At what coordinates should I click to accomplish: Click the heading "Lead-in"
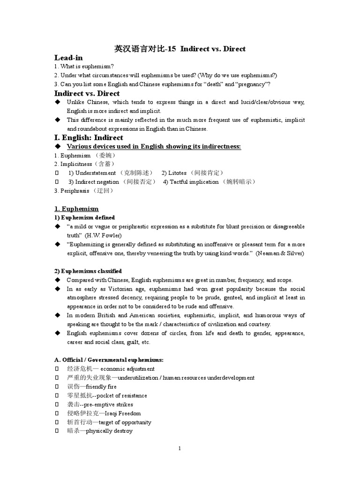(x=68, y=58)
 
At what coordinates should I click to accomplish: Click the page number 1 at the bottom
(x=180, y=448)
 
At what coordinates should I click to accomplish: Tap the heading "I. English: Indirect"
(x=89, y=137)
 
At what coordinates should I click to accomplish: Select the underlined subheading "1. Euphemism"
(x=76, y=209)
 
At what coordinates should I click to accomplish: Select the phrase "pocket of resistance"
(x=120, y=396)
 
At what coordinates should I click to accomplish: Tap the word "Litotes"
(x=177, y=173)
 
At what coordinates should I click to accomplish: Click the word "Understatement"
(x=96, y=173)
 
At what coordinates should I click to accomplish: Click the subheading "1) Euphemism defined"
(x=84, y=217)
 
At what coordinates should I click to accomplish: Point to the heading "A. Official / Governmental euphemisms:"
(x=109, y=360)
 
